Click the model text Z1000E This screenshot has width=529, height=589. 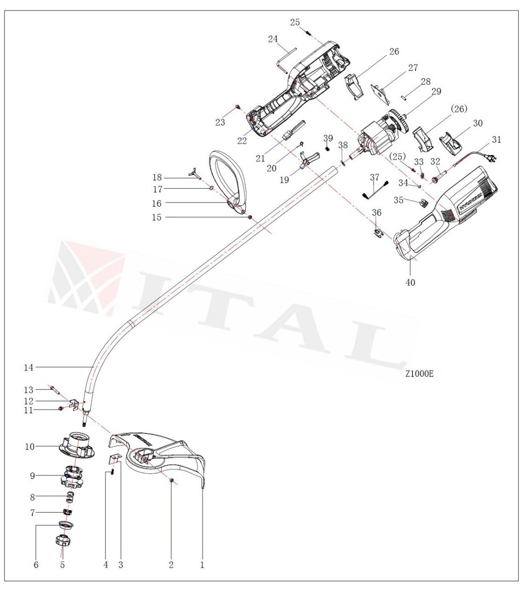[x=419, y=374]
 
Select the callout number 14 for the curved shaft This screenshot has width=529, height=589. [x=29, y=367]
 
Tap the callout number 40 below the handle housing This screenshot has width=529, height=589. [x=410, y=283]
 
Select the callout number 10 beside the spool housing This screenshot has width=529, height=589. [x=29, y=446]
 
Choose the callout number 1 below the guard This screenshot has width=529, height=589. [x=202, y=565]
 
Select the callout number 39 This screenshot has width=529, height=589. [x=328, y=138]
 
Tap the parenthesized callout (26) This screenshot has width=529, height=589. [x=459, y=109]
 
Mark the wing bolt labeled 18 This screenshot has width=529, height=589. [x=195, y=174]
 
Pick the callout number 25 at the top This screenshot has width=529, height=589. [x=295, y=22]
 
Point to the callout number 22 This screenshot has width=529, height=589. [x=242, y=141]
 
